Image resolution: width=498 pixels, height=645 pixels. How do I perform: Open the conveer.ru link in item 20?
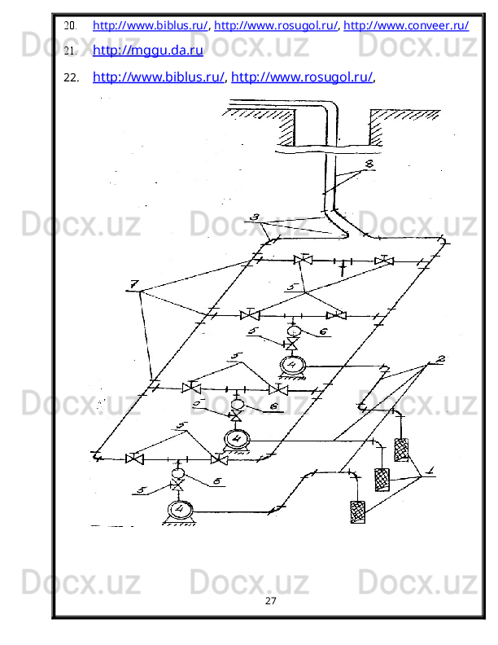pyautogui.click(x=405, y=25)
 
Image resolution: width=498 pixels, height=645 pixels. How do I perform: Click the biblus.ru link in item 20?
pyautogui.click(x=151, y=25)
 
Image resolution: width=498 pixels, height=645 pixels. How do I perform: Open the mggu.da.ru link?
pyautogui.click(x=148, y=50)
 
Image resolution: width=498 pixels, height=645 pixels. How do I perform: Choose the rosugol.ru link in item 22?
pyautogui.click(x=303, y=77)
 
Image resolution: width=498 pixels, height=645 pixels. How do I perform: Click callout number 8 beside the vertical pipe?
pyautogui.click(x=369, y=165)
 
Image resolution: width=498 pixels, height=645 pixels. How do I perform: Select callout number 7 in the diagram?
pyautogui.click(x=133, y=284)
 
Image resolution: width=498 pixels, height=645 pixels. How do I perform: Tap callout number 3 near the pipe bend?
pyautogui.click(x=255, y=218)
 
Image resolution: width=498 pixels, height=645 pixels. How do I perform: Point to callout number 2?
pyautogui.click(x=441, y=359)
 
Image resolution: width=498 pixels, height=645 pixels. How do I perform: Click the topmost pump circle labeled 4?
pyautogui.click(x=290, y=365)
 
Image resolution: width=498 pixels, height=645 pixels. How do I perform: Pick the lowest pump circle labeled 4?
pyautogui.click(x=178, y=510)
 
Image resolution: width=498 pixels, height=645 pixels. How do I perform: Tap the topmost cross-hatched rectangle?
pyautogui.click(x=401, y=450)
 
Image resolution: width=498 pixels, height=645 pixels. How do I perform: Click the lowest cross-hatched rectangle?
pyautogui.click(x=356, y=511)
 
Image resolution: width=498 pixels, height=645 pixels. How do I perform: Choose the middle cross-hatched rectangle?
pyautogui.click(x=381, y=480)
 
